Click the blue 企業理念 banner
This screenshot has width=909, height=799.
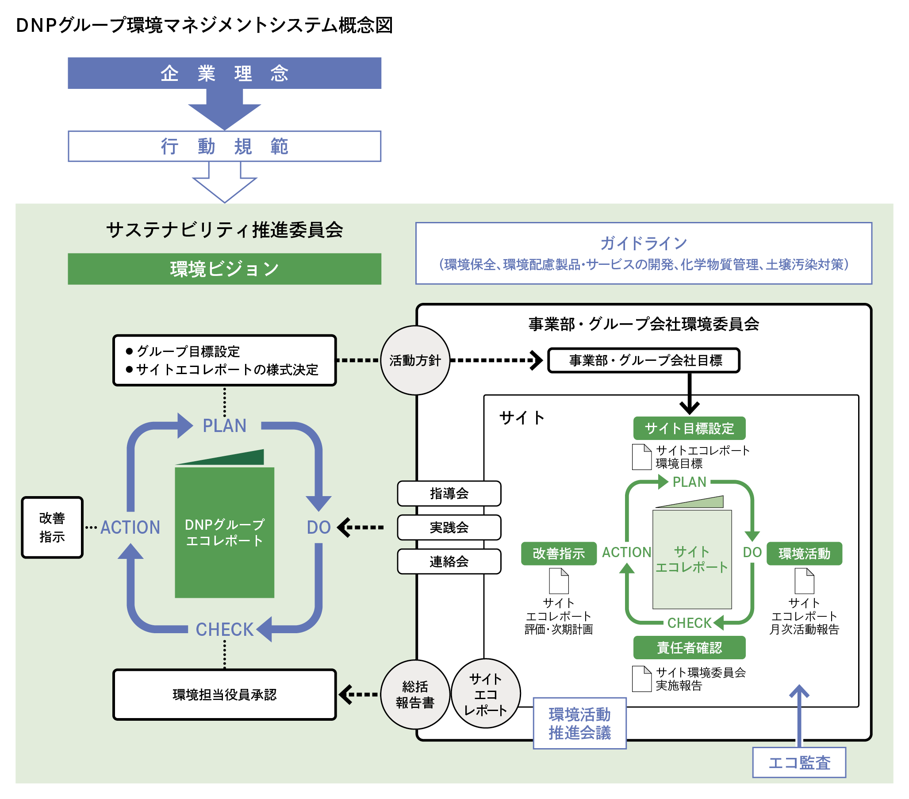224,73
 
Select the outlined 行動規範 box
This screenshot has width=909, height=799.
224,146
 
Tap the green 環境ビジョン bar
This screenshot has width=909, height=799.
224,268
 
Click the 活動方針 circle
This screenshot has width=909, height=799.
415,360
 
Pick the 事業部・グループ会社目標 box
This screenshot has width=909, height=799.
644,360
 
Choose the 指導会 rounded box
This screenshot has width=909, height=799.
449,493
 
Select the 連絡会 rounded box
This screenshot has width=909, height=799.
449,561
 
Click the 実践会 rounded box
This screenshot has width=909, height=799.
449,528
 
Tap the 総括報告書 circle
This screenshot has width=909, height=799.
415,694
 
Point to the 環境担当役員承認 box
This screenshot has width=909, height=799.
224,694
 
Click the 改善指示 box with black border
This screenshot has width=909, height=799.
52,528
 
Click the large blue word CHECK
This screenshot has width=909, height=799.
224,629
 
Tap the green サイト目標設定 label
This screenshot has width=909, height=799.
689,428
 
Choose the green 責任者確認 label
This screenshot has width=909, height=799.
689,647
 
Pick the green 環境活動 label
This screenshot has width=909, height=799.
804,554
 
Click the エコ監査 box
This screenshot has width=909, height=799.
799,763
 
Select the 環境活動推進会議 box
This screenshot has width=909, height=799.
579,723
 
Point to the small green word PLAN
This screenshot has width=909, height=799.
689,482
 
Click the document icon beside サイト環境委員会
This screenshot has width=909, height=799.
641,678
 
